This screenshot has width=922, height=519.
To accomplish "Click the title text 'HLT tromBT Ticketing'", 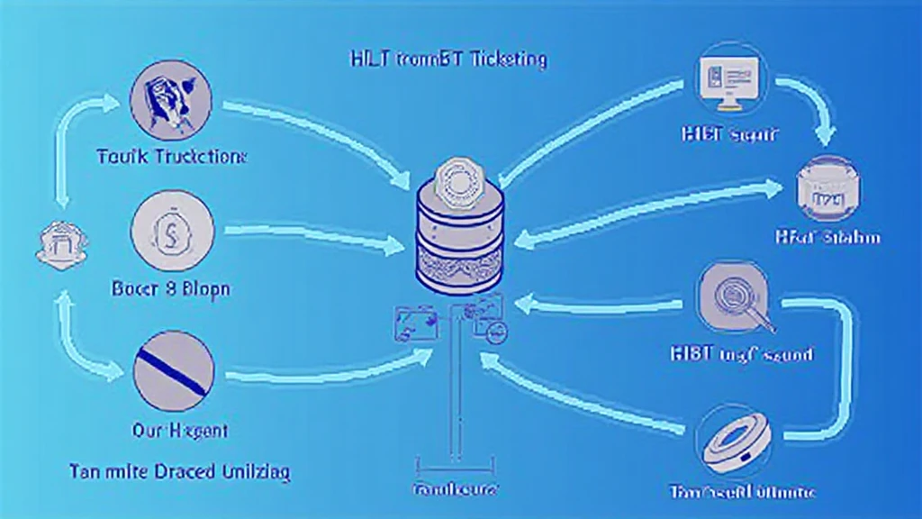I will point(447,60).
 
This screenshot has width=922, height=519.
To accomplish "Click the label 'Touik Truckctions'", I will point(171,156).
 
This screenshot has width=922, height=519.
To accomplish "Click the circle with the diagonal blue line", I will point(173,372).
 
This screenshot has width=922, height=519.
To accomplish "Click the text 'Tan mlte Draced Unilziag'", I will point(184,471).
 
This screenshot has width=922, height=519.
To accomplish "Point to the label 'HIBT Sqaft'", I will point(729,136).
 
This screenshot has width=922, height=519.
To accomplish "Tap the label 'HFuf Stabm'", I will point(827,238).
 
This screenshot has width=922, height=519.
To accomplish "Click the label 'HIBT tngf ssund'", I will point(742,353).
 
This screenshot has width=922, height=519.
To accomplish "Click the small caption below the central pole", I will point(455,490).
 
